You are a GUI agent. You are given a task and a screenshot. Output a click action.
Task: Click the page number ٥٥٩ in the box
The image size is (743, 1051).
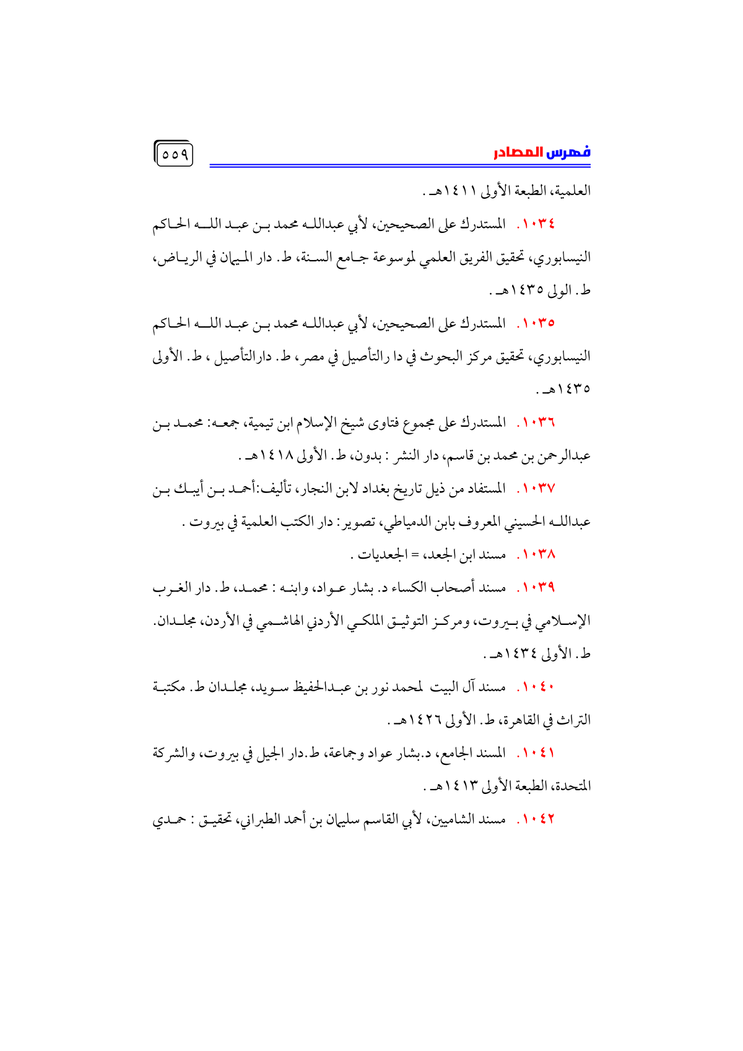(174, 155)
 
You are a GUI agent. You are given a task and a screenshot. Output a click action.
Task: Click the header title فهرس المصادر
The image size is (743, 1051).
(542, 152)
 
